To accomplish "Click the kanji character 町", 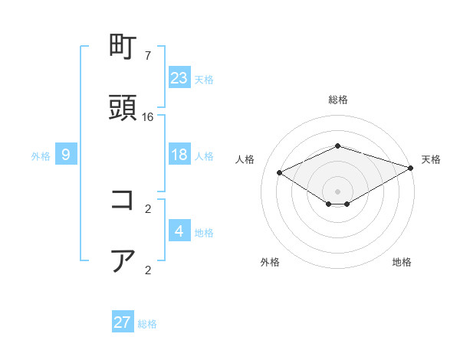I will click(123, 48).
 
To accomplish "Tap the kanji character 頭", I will click(123, 108).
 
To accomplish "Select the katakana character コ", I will click(123, 201).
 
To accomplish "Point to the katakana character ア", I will click(123, 260).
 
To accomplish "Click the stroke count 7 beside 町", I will click(147, 56).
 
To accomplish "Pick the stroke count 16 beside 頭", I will click(148, 116).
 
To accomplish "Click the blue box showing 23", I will click(179, 77).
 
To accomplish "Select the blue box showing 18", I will click(179, 155).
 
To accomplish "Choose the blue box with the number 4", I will click(179, 231).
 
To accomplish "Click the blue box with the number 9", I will click(66, 155).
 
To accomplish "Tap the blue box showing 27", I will click(123, 322).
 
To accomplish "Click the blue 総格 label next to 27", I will click(147, 324).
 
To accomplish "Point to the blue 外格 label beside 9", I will click(41, 156).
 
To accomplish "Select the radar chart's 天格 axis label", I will click(431, 159).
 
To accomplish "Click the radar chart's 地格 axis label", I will click(402, 262).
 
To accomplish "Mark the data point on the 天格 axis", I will click(412, 168).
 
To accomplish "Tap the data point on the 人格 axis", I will click(280, 173).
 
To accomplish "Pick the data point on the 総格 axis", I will click(337, 146).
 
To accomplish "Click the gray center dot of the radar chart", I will click(337, 191).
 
